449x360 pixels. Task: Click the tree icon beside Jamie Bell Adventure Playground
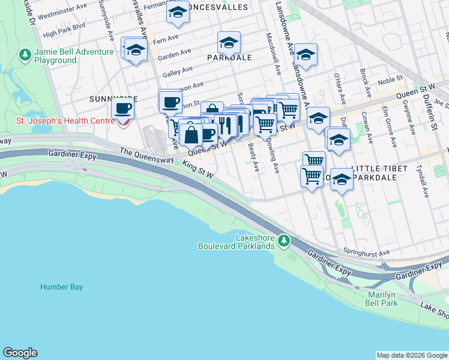pyautogui.click(x=25, y=56)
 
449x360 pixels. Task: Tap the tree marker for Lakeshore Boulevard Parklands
pyautogui.click(x=284, y=241)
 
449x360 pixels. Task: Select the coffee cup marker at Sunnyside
pyautogui.click(x=123, y=109)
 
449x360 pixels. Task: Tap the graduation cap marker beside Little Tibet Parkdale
pyautogui.click(x=342, y=179)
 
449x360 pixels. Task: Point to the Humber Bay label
pyautogui.click(x=61, y=287)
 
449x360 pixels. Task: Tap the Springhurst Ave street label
pyautogui.click(x=366, y=252)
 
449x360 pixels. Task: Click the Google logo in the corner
pyautogui.click(x=20, y=353)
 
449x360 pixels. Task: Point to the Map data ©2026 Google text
pyautogui.click(x=411, y=355)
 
